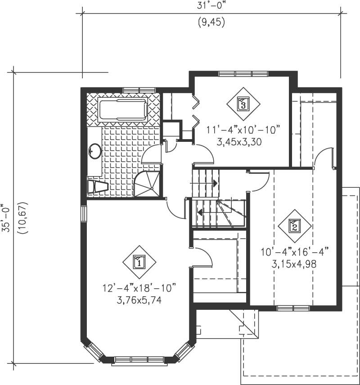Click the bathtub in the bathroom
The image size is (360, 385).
123,110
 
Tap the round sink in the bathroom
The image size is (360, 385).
95,151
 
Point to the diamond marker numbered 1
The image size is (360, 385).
139,262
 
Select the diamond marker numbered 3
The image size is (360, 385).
243,104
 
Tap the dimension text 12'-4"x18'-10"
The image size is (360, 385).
139,287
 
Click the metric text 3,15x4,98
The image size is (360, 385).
294,264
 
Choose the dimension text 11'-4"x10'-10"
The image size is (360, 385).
243,130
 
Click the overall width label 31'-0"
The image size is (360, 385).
211,6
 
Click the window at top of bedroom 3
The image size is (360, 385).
243,74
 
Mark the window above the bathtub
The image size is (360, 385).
139,90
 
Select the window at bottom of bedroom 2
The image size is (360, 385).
293,308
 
